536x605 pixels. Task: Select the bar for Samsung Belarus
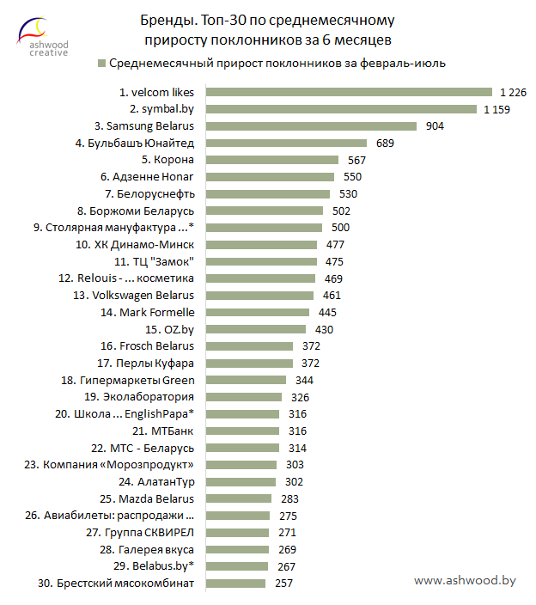click(x=310, y=125)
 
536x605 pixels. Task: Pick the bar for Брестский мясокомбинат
click(x=233, y=584)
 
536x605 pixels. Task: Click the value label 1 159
click(x=497, y=109)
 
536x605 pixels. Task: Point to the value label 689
click(x=385, y=143)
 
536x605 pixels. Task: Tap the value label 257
click(x=283, y=584)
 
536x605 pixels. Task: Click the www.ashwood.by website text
click(x=465, y=581)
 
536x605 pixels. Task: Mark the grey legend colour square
click(x=102, y=63)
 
